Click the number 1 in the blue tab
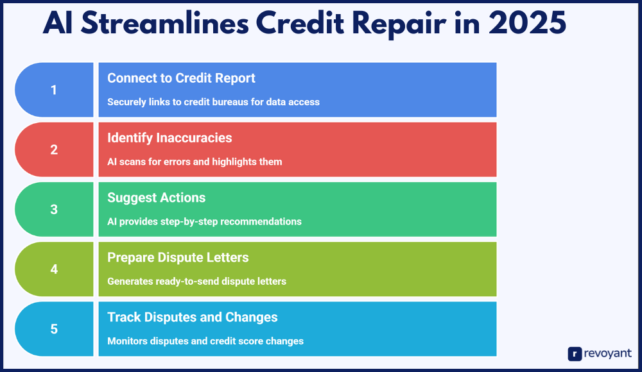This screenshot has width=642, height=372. click(54, 90)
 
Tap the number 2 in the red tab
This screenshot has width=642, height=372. click(54, 150)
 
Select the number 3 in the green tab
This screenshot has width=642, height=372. click(54, 210)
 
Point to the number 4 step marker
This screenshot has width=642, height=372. click(54, 269)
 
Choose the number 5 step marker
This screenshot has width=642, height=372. click(54, 329)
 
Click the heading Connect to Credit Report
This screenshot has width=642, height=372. click(181, 78)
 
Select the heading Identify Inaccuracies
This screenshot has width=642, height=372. click(169, 138)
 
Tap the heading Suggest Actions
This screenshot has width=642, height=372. click(157, 198)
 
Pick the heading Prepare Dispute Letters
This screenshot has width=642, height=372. click(178, 257)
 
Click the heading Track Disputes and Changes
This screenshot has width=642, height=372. click(193, 317)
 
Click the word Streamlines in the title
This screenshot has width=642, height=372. click(165, 23)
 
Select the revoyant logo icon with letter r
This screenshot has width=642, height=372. click(575, 353)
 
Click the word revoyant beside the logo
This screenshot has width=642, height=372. click(608, 353)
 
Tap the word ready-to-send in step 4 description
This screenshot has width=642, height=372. click(181, 282)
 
